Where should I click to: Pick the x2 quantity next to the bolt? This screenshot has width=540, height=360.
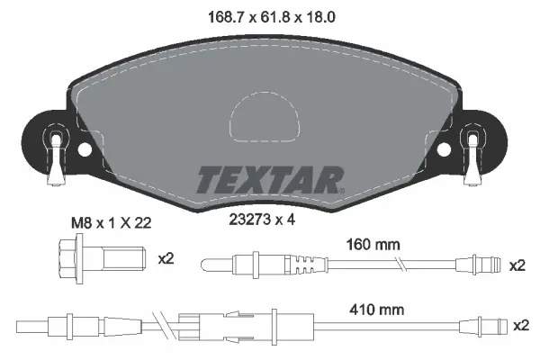[x=165, y=259]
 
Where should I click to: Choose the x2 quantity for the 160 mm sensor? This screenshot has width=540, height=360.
[x=517, y=265]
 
